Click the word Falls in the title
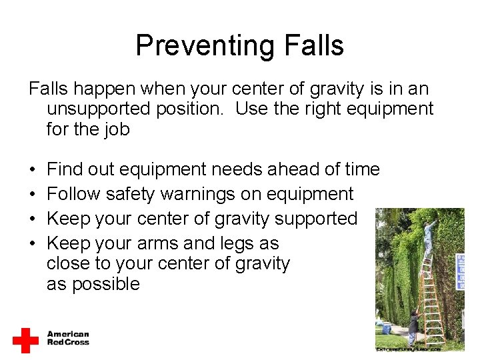point(313,45)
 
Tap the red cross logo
point(25,339)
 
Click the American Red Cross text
point(67,338)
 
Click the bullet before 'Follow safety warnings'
point(31,195)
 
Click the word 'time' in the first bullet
point(358,170)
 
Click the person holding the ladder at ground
point(413,326)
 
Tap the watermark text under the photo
point(409,348)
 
